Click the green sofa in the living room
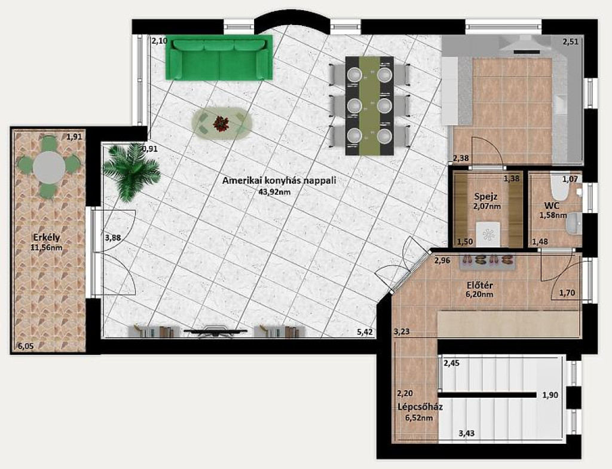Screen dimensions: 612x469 pyautogui.click(x=219, y=58)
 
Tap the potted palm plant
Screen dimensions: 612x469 pyautogui.click(x=131, y=172)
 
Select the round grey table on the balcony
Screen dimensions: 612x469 pyautogui.click(x=49, y=167)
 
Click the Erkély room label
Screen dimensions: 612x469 pyautogui.click(x=47, y=237)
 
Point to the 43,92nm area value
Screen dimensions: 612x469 pyautogui.click(x=274, y=191)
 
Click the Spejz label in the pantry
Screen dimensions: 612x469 pyautogui.click(x=485, y=196)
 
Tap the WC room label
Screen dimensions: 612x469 pyautogui.click(x=552, y=206)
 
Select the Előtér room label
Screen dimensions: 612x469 pyautogui.click(x=480, y=285)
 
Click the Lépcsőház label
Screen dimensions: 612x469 pyautogui.click(x=420, y=407)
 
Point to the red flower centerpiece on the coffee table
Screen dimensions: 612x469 pyautogui.click(x=221, y=123)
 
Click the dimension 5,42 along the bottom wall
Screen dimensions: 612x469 pyautogui.click(x=365, y=332)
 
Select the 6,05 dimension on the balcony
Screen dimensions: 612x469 pyautogui.click(x=26, y=346)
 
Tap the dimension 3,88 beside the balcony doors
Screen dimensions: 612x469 pyautogui.click(x=113, y=237)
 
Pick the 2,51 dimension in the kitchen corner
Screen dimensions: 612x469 pyautogui.click(x=570, y=41)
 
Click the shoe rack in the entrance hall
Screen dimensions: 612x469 pyautogui.click(x=488, y=261)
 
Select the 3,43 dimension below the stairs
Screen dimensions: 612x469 pyautogui.click(x=466, y=433)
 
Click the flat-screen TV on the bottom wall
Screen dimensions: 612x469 pyautogui.click(x=215, y=332)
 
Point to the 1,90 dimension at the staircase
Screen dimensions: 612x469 pyautogui.click(x=550, y=395)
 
